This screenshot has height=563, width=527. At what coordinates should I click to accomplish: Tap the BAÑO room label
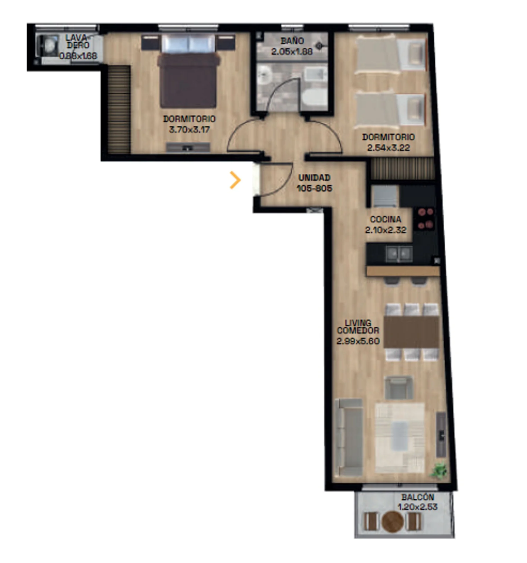point(292,41)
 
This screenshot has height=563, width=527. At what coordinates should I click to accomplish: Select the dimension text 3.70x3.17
point(189,129)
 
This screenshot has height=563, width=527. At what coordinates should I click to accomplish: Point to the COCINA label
point(385,219)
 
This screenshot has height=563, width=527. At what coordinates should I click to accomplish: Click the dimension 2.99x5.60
point(358,341)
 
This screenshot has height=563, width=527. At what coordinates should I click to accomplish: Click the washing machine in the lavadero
point(47,45)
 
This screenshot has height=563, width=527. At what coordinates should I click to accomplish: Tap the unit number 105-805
point(314,188)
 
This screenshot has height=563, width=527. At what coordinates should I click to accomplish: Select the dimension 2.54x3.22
point(388,147)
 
